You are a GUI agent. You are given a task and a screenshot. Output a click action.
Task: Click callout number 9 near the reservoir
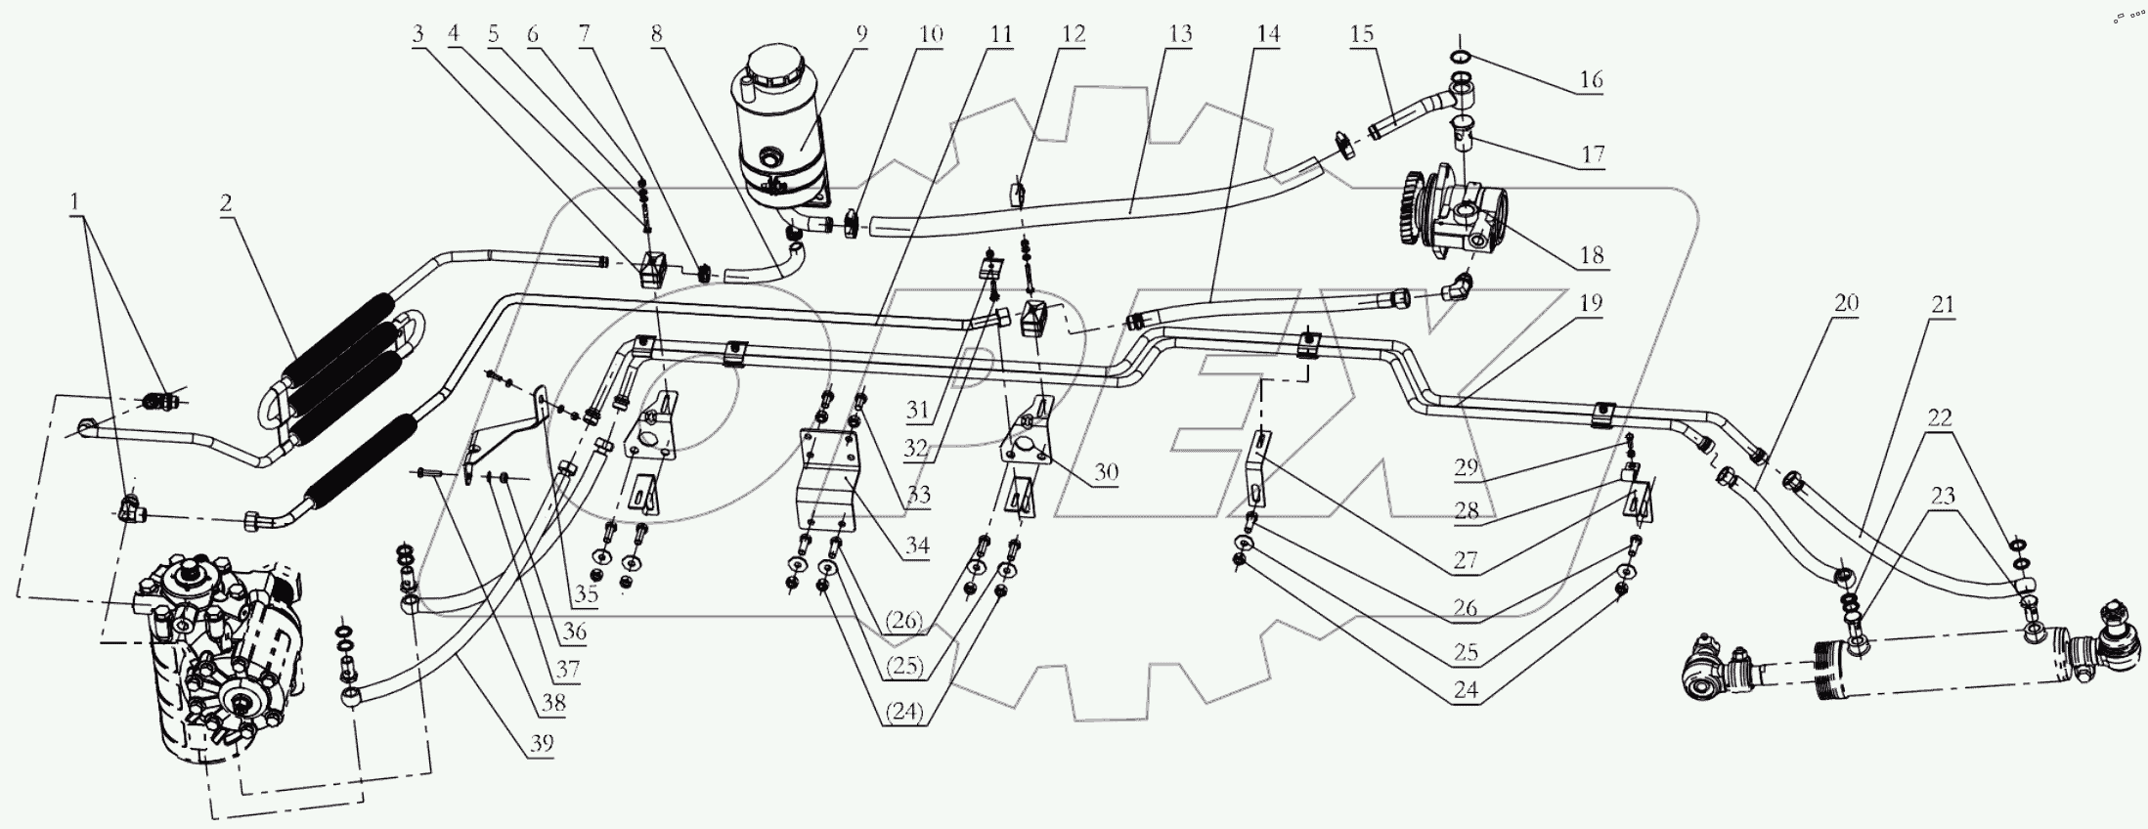coord(861,33)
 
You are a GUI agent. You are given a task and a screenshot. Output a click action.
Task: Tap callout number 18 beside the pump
coord(1591,256)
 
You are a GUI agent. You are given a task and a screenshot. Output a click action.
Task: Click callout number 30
coord(1106,472)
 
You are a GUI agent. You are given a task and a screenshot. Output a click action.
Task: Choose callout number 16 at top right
coord(1591,79)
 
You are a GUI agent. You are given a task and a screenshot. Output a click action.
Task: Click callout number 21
coord(1942,305)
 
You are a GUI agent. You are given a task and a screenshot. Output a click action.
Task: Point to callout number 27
coord(1466,562)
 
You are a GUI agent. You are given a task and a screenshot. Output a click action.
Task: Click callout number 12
coord(1073,34)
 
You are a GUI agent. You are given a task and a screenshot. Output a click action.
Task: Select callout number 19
coord(1591,303)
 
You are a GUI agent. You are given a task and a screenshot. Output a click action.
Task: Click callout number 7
coord(584,34)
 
